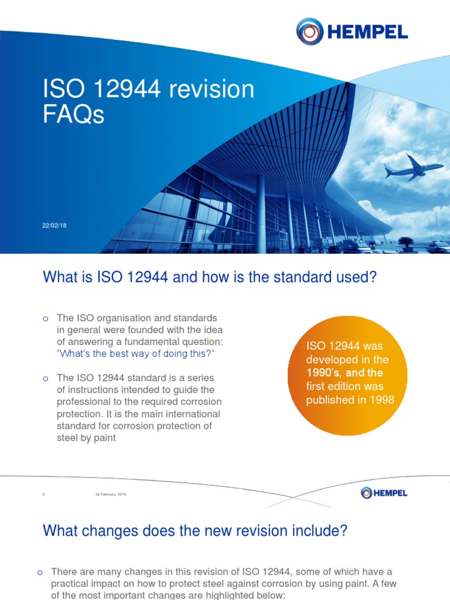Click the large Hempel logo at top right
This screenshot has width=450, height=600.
(x=352, y=31)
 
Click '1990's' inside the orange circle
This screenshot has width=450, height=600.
(x=326, y=372)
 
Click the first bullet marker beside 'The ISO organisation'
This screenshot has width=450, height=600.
(x=45, y=319)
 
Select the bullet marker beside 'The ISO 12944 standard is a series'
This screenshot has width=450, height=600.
(x=45, y=379)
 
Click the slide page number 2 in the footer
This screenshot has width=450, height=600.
(x=43, y=494)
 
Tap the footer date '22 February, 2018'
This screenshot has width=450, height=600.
(x=111, y=494)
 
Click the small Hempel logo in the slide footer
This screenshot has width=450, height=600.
(x=384, y=493)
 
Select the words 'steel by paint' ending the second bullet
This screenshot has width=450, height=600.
(x=86, y=438)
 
